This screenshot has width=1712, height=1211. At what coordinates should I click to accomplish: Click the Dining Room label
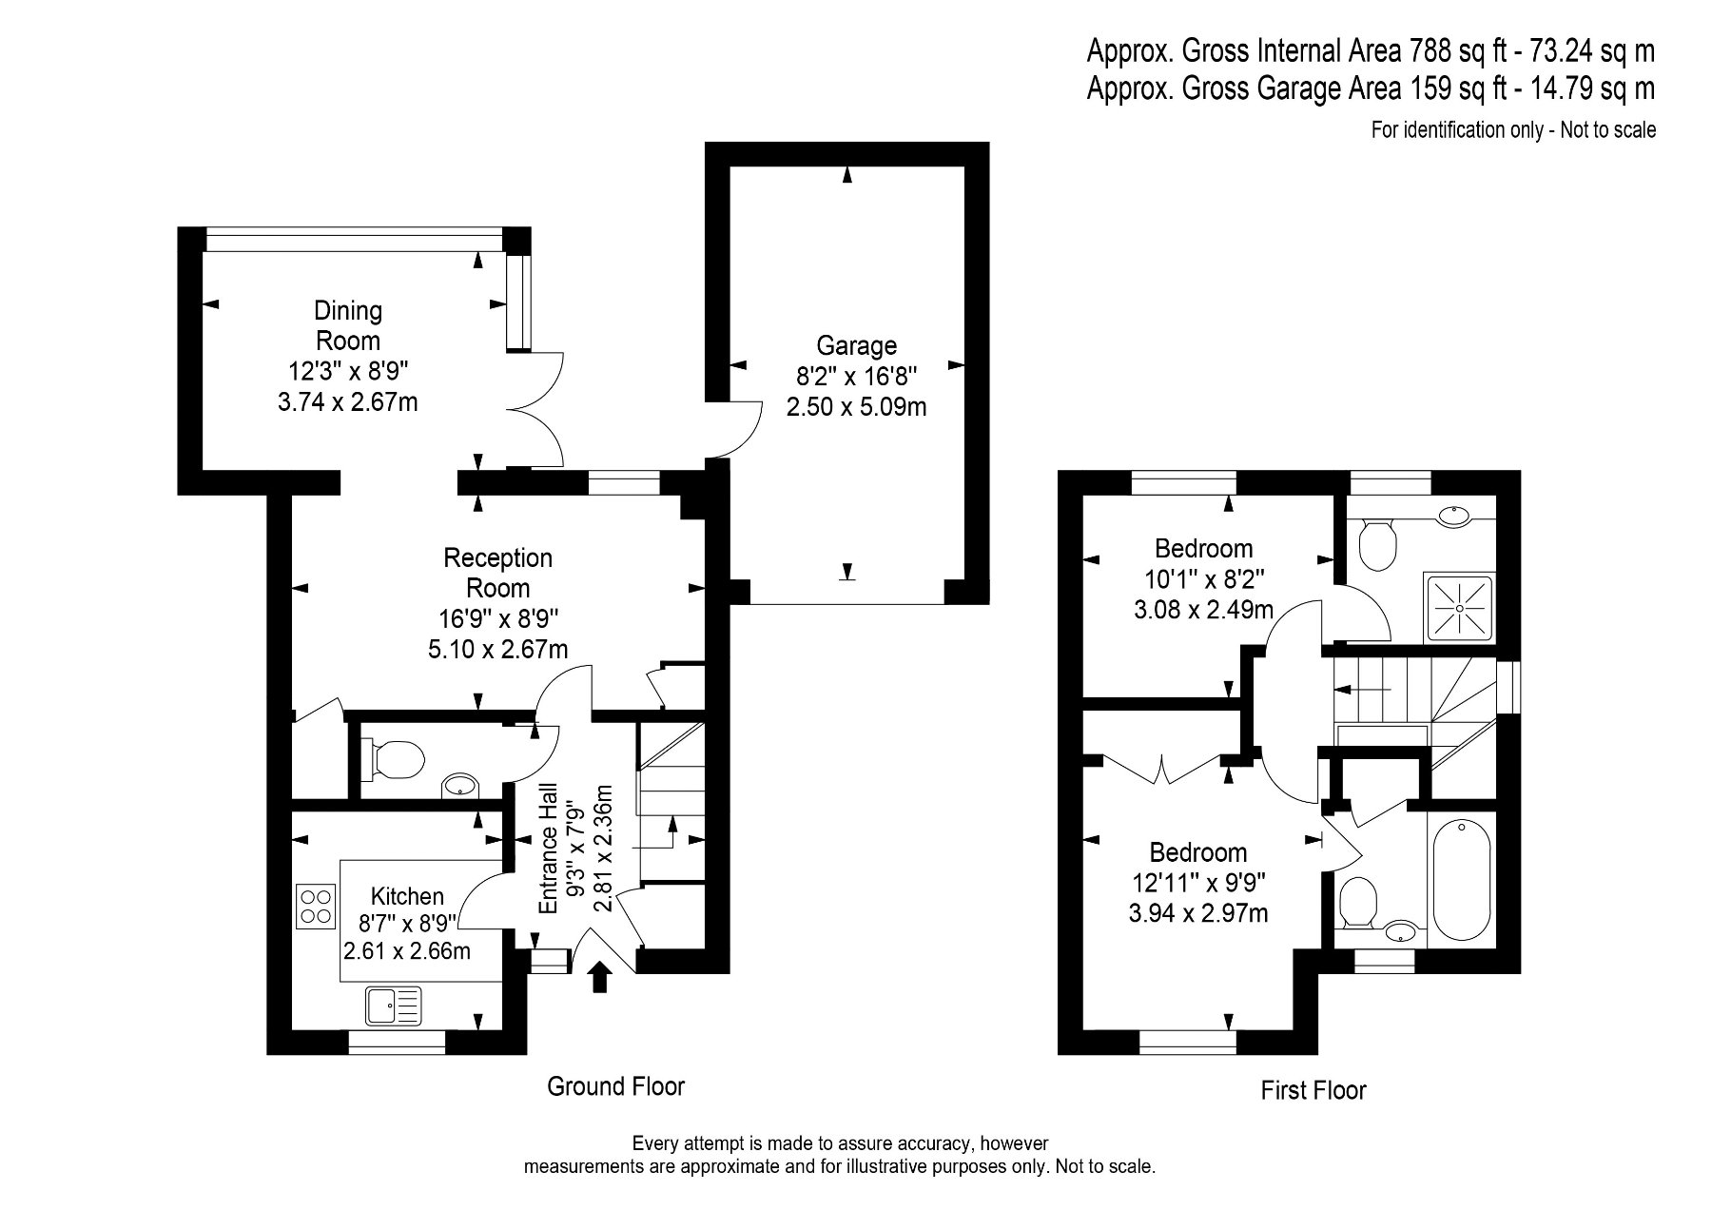point(348,325)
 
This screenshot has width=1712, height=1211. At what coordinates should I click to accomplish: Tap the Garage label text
point(856,345)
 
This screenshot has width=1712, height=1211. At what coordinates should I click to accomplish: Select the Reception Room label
point(497,573)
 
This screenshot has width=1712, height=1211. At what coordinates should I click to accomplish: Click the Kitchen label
point(407,896)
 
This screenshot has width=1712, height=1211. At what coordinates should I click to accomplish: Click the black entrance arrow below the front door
point(599,977)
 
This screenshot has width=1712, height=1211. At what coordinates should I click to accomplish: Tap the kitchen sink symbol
point(393,1005)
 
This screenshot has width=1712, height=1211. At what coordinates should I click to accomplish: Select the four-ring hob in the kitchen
point(317,906)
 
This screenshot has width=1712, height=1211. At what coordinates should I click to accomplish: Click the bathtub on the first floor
point(1463,881)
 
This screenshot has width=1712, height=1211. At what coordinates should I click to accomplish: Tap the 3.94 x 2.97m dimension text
point(1197,913)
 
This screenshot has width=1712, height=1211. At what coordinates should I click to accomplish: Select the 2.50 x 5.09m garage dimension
point(856,407)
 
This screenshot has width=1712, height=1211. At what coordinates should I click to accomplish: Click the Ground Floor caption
point(615,1086)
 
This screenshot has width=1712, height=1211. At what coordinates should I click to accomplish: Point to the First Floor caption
point(1313,1090)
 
